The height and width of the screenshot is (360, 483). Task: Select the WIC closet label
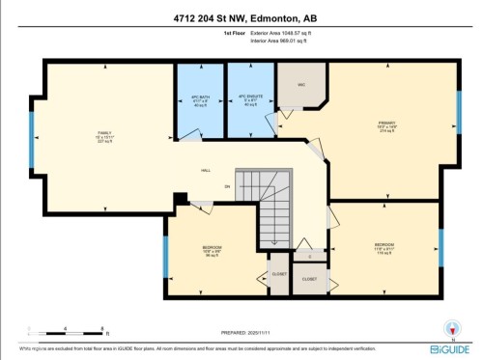click(301, 85)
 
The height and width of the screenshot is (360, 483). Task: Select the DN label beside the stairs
click(228, 184)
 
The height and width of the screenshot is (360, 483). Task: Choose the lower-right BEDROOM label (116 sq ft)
click(384, 246)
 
